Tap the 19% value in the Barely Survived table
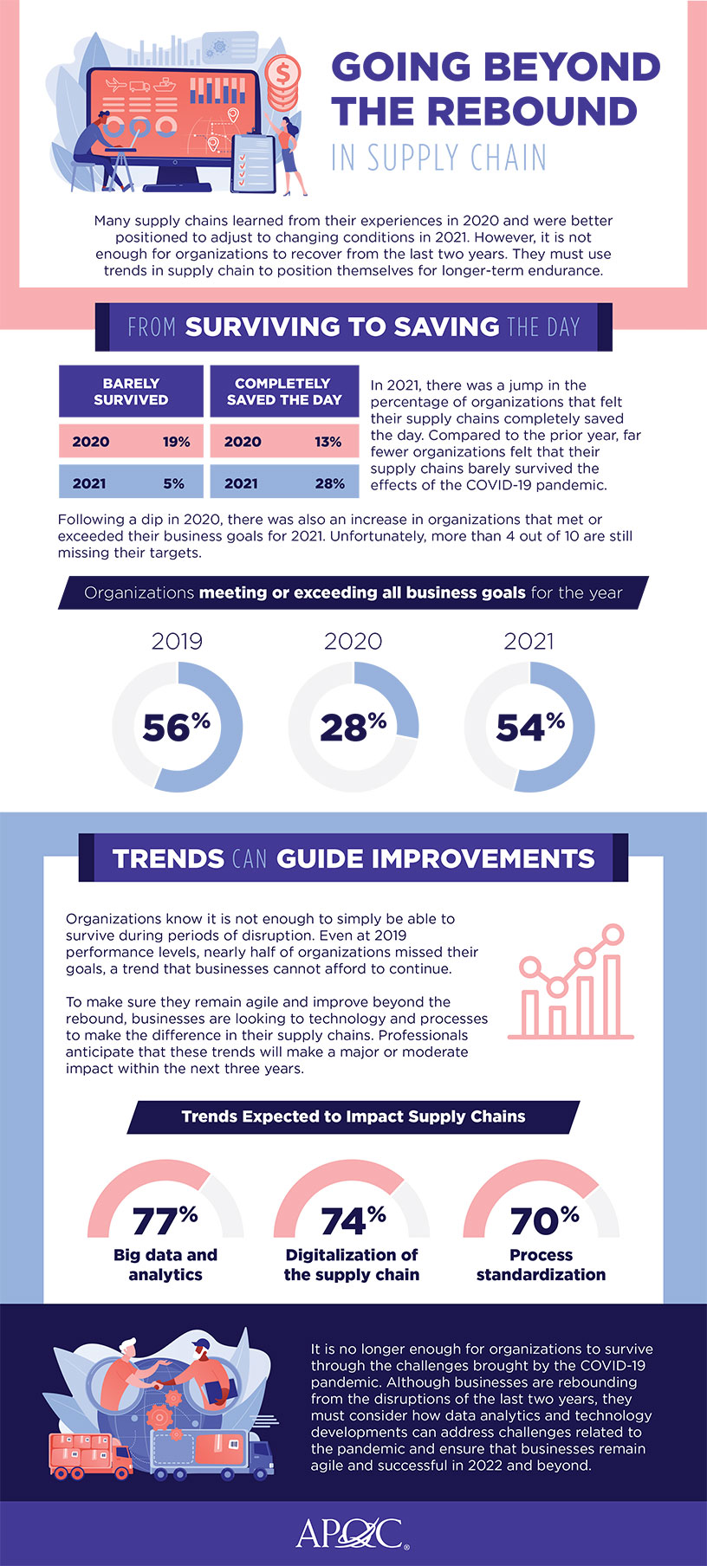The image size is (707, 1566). tap(176, 442)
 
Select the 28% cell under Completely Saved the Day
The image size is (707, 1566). tap(329, 483)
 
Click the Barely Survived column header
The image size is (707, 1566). tap(131, 391)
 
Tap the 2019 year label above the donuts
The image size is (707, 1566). tap(177, 641)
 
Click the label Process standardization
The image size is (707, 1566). tap(541, 1265)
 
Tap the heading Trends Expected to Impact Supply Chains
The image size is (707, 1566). tap(353, 1116)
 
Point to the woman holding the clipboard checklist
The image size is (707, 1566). tap(289, 147)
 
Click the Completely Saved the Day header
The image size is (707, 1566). tap(283, 391)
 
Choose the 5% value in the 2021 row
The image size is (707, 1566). tap(174, 483)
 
